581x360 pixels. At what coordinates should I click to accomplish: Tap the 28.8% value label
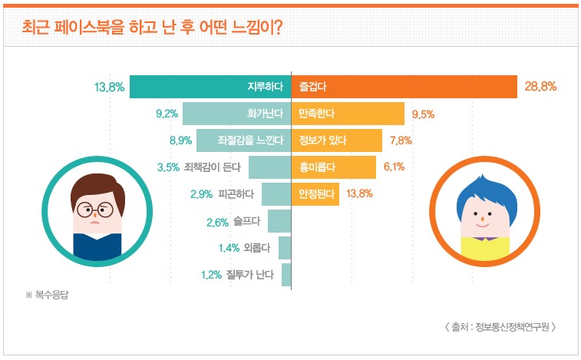(540, 87)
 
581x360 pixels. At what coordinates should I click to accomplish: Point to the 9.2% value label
(167, 114)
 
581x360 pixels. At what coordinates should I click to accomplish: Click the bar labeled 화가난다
(236, 114)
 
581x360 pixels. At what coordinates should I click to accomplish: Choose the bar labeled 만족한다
(348, 114)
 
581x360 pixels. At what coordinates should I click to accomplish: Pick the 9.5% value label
(424, 114)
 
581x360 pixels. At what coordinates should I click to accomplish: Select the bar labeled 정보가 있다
(338, 140)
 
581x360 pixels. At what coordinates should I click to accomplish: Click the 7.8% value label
(401, 140)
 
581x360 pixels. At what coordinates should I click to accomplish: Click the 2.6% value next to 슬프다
(218, 223)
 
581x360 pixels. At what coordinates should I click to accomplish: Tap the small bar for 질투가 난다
(286, 274)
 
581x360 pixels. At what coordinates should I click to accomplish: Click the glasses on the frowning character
(97, 209)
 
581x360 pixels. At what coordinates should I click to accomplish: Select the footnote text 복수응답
(51, 295)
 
